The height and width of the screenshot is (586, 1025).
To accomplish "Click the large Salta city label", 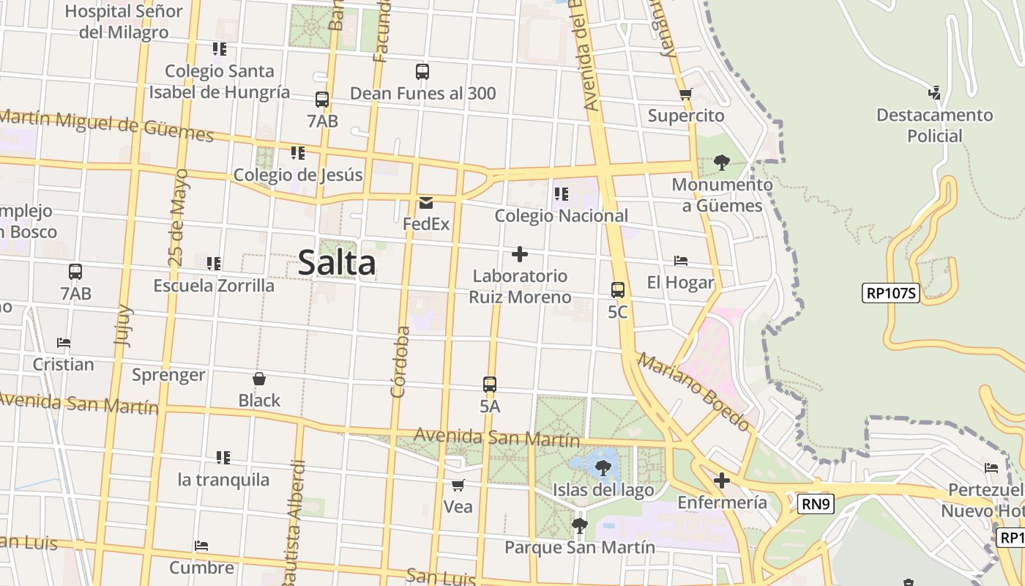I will (337, 264).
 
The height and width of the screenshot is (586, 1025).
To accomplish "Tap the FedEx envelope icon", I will (425, 203).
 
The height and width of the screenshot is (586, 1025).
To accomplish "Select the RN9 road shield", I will (816, 503).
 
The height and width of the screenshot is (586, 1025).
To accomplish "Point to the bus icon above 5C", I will (618, 289).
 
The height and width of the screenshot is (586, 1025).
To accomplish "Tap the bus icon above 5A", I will (490, 384).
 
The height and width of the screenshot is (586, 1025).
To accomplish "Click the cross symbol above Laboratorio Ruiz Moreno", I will (520, 254).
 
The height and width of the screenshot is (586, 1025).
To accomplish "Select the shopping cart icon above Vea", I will (458, 485).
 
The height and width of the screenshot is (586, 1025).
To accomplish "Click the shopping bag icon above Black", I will (258, 379).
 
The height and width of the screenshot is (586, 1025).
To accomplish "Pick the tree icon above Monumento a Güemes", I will (722, 163).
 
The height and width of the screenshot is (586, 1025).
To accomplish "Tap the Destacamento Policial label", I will (934, 125).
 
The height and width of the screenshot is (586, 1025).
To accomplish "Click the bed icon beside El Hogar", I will (681, 261).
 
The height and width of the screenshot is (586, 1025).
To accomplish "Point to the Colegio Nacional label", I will (561, 215).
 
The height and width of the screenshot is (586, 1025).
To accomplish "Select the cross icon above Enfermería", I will (722, 481).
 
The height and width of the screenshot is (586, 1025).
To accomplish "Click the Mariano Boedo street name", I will (693, 392).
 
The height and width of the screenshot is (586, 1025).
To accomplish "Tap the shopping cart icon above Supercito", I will (685, 94).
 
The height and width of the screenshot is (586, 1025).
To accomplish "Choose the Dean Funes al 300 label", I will (422, 94).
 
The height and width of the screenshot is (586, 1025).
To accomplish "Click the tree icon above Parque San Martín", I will (579, 525).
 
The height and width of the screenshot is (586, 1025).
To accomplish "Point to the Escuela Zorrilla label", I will (214, 286).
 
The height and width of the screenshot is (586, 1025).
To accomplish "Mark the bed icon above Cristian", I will (64, 342).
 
